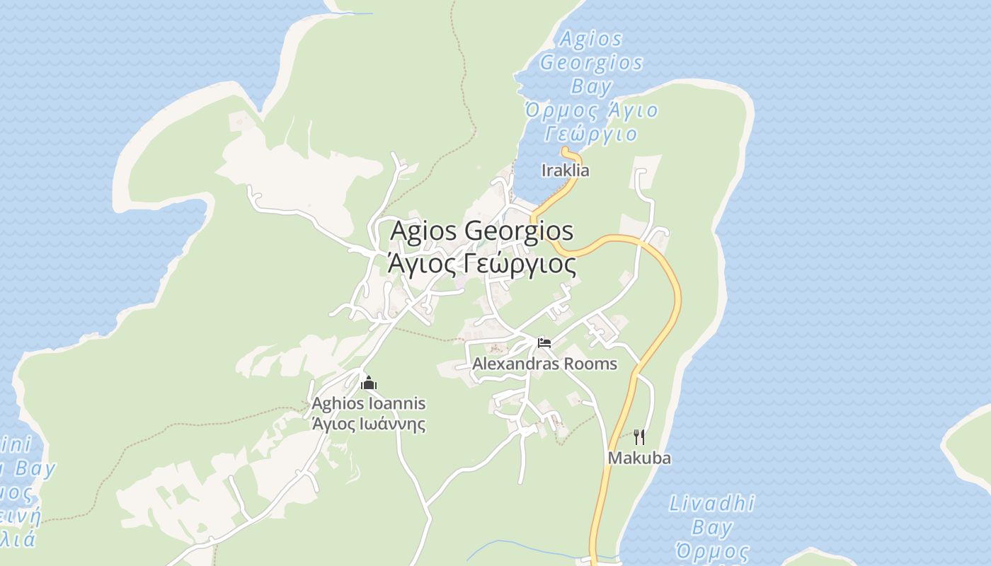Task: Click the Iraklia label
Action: (x=565, y=171)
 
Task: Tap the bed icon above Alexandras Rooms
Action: (x=544, y=343)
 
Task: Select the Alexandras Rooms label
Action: (x=544, y=364)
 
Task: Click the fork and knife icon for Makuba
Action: (x=639, y=437)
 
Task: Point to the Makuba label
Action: (x=639, y=458)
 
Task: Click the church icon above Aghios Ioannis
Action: (x=369, y=383)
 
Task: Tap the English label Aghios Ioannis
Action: (x=369, y=403)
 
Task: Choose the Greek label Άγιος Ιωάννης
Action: (x=369, y=424)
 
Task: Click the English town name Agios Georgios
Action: (x=481, y=231)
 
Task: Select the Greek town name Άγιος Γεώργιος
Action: (x=481, y=264)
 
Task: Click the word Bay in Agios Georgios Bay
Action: (x=591, y=87)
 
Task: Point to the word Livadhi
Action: (x=711, y=504)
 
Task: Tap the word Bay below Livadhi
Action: (x=711, y=528)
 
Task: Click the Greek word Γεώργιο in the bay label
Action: (x=591, y=133)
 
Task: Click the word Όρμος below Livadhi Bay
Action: (x=711, y=551)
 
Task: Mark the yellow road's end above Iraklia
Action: (x=565, y=150)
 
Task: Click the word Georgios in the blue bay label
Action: (x=591, y=63)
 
